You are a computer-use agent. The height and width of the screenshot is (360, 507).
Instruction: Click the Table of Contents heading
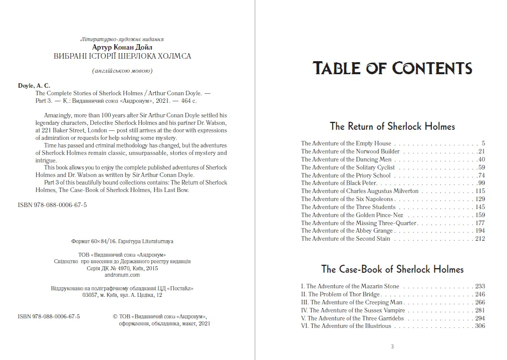392,68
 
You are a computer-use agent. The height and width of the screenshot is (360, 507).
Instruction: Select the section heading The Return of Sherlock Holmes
392,126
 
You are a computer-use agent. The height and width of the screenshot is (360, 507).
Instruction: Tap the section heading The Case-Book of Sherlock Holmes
392,269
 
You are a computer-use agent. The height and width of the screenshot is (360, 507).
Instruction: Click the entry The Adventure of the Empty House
346,143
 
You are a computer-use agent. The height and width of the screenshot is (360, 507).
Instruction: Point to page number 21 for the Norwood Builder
481,151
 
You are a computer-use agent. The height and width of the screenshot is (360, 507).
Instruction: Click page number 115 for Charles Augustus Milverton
480,191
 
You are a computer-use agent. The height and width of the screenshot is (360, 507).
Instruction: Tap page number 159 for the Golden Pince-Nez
480,215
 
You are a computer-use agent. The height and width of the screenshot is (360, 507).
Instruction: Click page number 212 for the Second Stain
480,239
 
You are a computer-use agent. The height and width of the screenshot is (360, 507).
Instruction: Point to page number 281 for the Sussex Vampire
480,310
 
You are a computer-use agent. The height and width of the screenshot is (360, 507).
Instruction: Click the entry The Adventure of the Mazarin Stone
350,286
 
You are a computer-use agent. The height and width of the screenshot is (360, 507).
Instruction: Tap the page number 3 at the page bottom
392,346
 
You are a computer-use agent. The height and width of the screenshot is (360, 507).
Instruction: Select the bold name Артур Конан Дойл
122,47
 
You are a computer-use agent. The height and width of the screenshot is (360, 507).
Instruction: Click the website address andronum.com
122,275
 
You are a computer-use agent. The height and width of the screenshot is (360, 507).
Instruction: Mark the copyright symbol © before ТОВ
116,317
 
